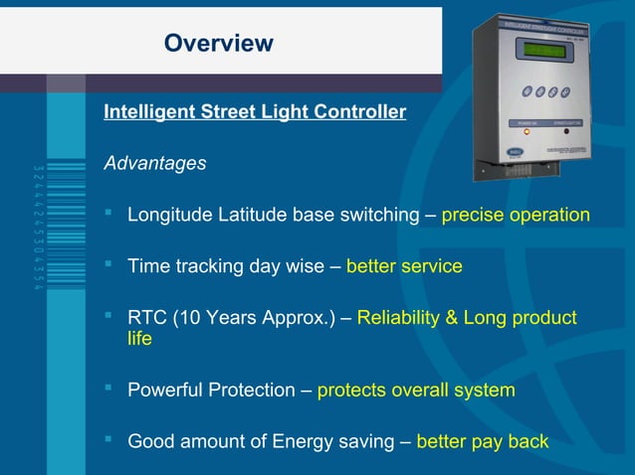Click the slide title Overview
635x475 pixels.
218,43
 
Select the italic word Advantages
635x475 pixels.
154,163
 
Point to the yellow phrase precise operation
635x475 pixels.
516,215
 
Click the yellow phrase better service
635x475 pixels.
404,266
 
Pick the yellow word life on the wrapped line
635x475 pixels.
139,339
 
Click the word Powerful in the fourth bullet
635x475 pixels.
165,391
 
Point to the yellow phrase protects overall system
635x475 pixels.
416,391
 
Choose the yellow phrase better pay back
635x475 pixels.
483,442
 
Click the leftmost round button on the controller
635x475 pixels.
527,92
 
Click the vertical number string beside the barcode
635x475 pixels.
37,228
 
